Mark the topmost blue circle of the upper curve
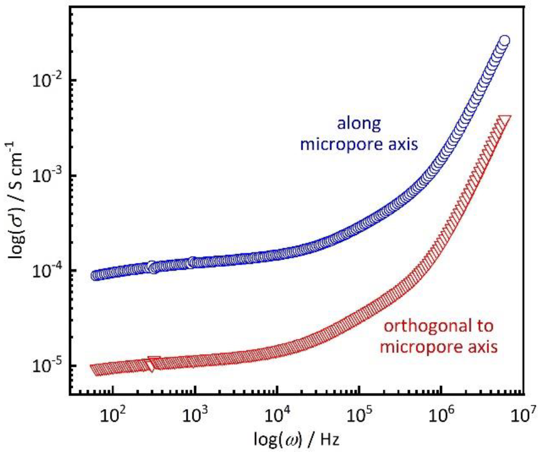[504, 41]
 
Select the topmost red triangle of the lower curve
[504, 120]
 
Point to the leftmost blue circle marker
[96, 275]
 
